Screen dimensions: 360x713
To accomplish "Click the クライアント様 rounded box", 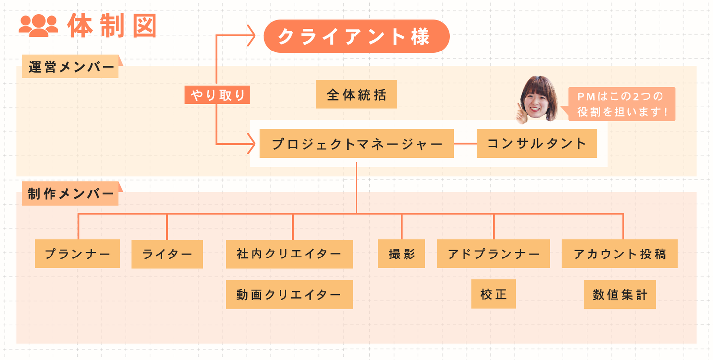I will (x=356, y=36).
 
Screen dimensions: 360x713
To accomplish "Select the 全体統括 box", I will (x=356, y=94).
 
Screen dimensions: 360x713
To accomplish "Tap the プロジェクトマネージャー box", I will (x=356, y=144).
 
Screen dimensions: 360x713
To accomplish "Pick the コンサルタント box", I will (x=537, y=144).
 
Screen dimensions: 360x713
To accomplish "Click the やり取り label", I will (x=217, y=95).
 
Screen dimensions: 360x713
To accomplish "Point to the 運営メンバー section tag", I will (x=71, y=67).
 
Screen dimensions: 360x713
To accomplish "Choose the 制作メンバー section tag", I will (x=71, y=194).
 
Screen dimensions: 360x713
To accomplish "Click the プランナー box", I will (x=77, y=254).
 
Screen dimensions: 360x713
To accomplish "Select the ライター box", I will (x=167, y=254).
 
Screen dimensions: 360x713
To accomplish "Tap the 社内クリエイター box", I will (x=289, y=254).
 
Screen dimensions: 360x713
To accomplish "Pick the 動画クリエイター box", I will (x=289, y=295).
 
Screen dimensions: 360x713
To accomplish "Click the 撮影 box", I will (x=402, y=254).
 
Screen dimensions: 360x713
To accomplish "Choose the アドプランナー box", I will (x=493, y=254).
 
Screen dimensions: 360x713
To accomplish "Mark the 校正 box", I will (x=493, y=294).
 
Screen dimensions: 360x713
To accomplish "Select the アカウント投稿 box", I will (x=619, y=254).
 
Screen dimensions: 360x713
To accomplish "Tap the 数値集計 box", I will (x=619, y=294).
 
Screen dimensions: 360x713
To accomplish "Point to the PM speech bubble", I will (x=622, y=103).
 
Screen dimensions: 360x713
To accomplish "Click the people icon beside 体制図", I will (x=38, y=26).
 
